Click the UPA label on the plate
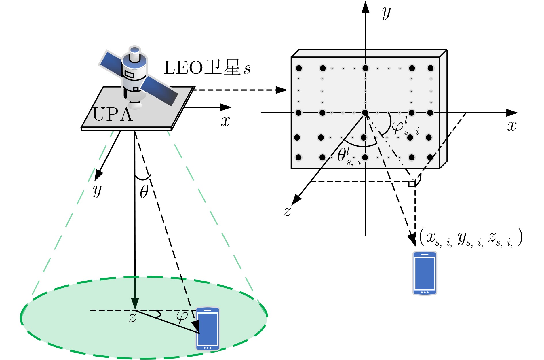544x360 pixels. (x=113, y=115)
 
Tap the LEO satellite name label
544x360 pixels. (x=207, y=68)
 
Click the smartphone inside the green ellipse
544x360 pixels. (x=208, y=329)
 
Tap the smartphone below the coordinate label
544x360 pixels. (x=425, y=273)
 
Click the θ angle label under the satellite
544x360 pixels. (x=144, y=192)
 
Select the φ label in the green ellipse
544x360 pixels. (x=182, y=316)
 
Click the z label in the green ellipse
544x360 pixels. (x=132, y=317)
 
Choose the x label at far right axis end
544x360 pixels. (x=512, y=126)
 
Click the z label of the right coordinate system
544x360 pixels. (x=287, y=211)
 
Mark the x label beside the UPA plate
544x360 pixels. (x=225, y=121)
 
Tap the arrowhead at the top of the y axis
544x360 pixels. (x=365, y=7)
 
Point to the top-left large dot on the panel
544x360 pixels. (x=299, y=68)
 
